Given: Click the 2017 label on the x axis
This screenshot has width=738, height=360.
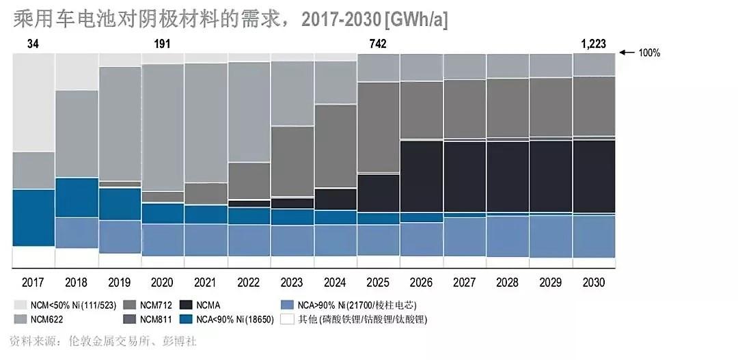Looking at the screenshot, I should point(33,281).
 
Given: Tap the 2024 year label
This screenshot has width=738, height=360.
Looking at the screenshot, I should point(335,281).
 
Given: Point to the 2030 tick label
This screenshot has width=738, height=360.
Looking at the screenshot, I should point(593,281).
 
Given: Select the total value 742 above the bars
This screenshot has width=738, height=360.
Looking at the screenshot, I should point(377,44).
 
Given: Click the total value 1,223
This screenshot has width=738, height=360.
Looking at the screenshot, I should point(593,44).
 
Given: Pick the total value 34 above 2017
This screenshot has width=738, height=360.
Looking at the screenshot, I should point(33,44).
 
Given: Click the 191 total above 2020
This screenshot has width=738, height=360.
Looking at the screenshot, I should point(162,44).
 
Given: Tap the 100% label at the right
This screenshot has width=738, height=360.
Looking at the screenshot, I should point(649,53).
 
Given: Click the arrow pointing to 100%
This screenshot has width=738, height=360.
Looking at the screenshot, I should point(627,53).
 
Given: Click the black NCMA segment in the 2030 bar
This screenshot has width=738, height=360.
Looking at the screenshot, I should point(594,176).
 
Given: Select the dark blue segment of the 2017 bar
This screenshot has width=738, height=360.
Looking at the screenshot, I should point(33,217).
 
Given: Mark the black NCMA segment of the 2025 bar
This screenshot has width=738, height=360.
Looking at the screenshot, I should point(378,193).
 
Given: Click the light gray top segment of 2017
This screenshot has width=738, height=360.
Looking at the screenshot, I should point(33,102).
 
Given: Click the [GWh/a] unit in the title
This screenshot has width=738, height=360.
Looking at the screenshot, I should point(416,20).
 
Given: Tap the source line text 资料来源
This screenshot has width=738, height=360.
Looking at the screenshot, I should point(36,340).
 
